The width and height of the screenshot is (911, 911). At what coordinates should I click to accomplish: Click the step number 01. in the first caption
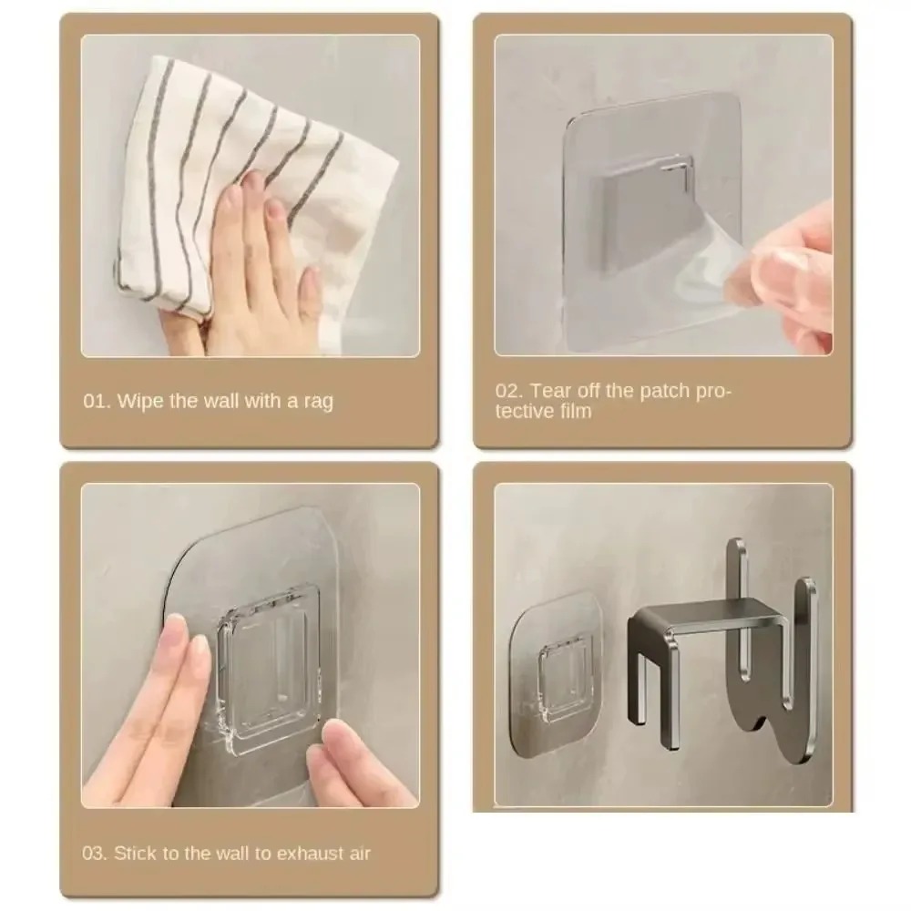click(97, 402)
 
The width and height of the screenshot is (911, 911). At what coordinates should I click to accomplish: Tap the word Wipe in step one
click(140, 402)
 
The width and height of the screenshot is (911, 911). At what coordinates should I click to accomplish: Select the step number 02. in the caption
click(509, 391)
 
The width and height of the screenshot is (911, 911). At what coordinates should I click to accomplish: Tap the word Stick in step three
click(137, 854)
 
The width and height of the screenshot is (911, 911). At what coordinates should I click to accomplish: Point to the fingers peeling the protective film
click(793, 273)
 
